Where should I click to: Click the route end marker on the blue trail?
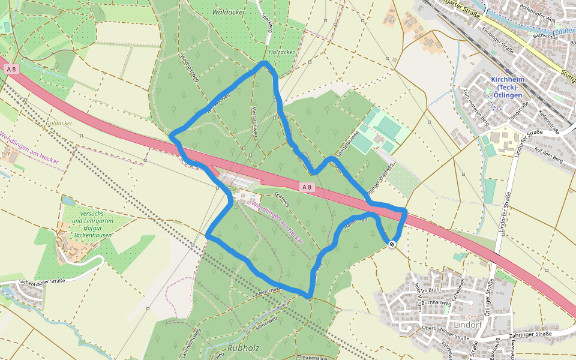point(391,244)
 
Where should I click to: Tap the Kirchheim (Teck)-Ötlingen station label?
point(506,87)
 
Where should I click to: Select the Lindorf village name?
point(468,325)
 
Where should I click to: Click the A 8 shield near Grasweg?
point(307,187)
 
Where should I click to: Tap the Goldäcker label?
point(59,122)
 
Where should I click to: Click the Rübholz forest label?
point(242,347)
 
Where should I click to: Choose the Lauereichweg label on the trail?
point(268,289)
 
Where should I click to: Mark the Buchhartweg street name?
point(436,303)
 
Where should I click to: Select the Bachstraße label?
point(545,37)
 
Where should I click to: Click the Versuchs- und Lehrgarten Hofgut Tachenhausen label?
point(94,225)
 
